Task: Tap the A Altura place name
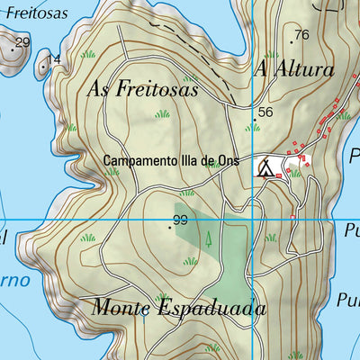[x=294, y=69]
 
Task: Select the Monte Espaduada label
[x=179, y=308]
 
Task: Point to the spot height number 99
[x=180, y=220]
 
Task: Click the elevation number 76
[x=301, y=35]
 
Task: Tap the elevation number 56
[x=265, y=112]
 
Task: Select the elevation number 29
[x=22, y=42]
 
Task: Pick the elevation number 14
[x=54, y=59]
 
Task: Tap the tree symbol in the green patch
[x=209, y=239]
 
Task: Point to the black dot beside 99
[x=169, y=228]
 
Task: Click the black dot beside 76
[x=292, y=41]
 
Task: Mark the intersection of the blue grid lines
[x=253, y=220]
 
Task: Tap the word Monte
[x=123, y=308]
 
